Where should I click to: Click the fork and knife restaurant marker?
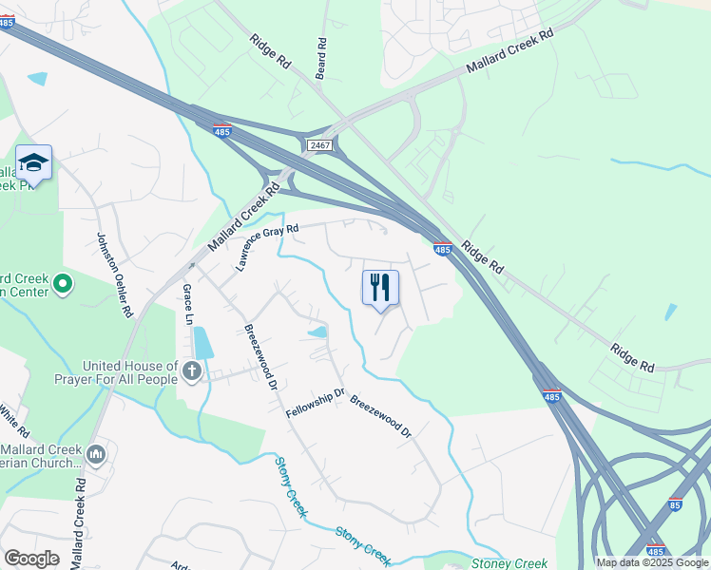pos(380,287)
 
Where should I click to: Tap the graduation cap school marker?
pos(34,163)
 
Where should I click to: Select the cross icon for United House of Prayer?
pos(192,371)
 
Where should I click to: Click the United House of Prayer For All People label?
pos(130,372)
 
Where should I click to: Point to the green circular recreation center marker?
pos(63,283)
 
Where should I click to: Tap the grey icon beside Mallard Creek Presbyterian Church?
pos(95,455)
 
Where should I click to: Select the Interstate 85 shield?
pos(674,504)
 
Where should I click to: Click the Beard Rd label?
pos(321,58)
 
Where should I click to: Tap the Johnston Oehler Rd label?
pos(114,275)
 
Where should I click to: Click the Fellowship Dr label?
pos(315,401)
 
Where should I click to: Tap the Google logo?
pos(31,559)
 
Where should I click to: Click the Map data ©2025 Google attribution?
pos(652,562)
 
